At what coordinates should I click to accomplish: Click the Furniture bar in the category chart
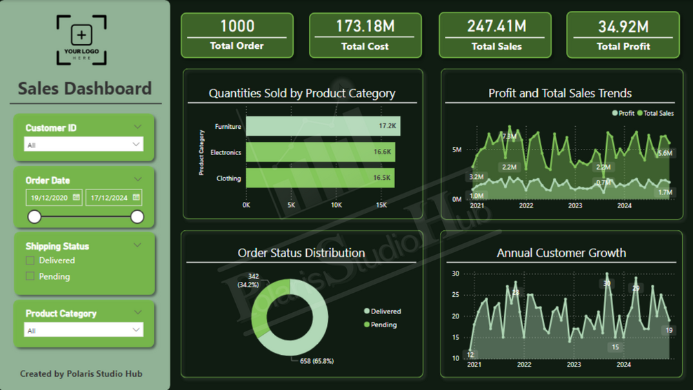tap(323, 126)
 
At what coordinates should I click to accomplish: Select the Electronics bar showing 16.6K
tap(321, 152)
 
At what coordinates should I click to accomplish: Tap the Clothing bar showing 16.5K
tap(320, 178)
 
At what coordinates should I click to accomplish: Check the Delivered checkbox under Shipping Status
tap(30, 260)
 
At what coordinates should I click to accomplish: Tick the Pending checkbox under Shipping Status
tap(30, 276)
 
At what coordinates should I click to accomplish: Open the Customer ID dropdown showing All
tap(83, 145)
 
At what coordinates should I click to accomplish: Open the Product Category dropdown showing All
tap(83, 330)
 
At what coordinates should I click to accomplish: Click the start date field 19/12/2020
tap(54, 198)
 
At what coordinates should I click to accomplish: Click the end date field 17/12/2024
tap(114, 198)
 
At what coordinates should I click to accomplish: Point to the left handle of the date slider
tap(34, 217)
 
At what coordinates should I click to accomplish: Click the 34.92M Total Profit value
tap(623, 27)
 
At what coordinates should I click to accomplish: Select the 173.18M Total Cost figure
tap(365, 26)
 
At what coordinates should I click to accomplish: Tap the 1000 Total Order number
tap(237, 26)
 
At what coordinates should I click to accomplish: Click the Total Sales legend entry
tap(656, 113)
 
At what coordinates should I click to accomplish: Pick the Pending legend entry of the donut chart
tap(381, 325)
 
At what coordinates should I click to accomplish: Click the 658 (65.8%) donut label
tap(317, 361)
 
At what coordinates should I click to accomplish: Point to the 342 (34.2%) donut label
tap(248, 280)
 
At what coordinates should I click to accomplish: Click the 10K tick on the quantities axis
tap(337, 205)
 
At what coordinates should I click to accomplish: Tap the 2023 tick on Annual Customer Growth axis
tap(574, 365)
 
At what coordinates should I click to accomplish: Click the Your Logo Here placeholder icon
tap(81, 40)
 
